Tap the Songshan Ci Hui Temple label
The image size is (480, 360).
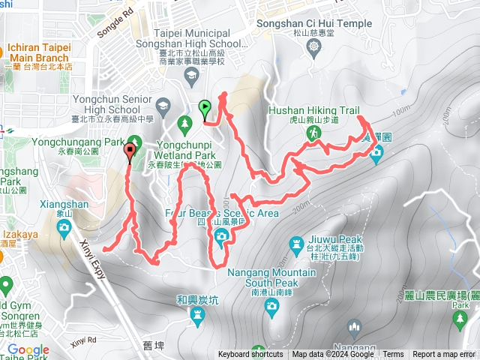(324, 23)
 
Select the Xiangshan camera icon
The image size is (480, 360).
(65, 226)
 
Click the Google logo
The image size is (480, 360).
(28, 350)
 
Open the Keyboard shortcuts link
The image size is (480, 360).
(250, 355)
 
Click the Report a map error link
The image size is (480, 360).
(444, 355)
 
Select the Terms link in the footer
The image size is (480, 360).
(393, 355)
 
